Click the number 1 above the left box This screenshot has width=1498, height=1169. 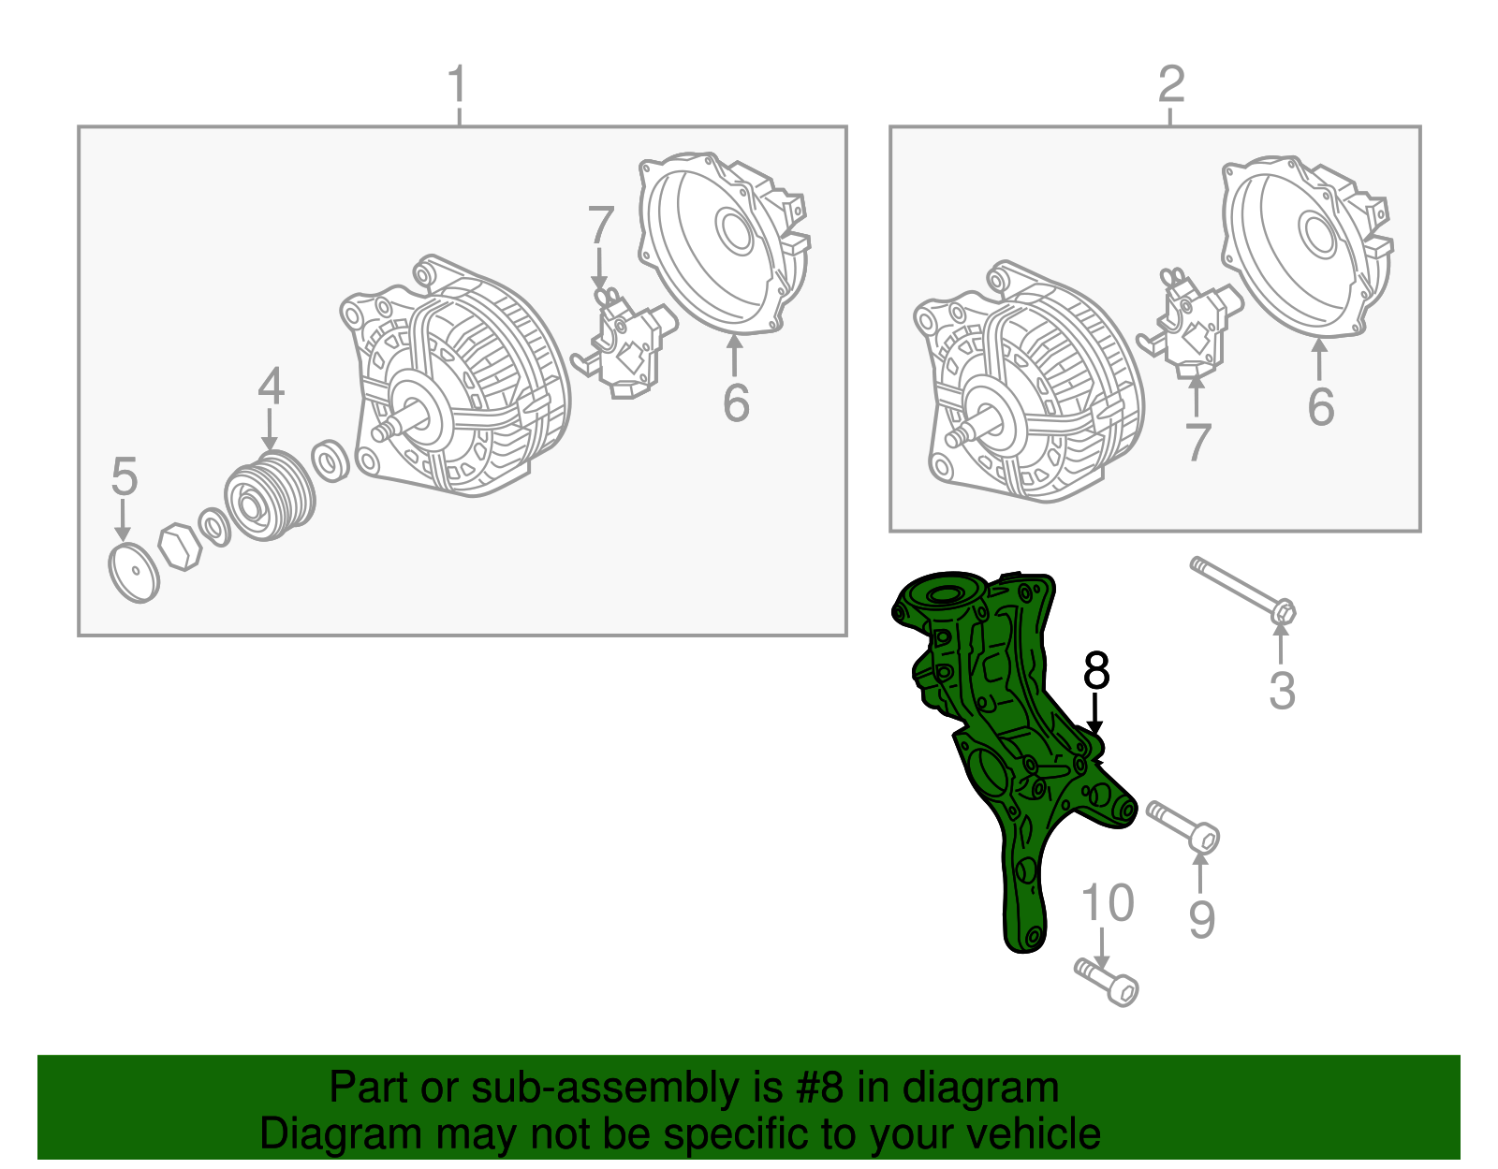(x=458, y=84)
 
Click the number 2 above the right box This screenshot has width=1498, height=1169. (x=1171, y=84)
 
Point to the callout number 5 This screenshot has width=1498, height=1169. (x=125, y=475)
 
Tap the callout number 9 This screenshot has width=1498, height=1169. (x=1201, y=920)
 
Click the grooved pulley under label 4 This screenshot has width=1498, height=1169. (x=271, y=496)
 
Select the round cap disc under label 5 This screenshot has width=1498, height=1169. (x=134, y=573)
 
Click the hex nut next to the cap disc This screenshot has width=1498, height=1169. (x=180, y=547)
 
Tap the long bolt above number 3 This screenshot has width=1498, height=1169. (x=1243, y=592)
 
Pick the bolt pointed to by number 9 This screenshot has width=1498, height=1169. (x=1183, y=827)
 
